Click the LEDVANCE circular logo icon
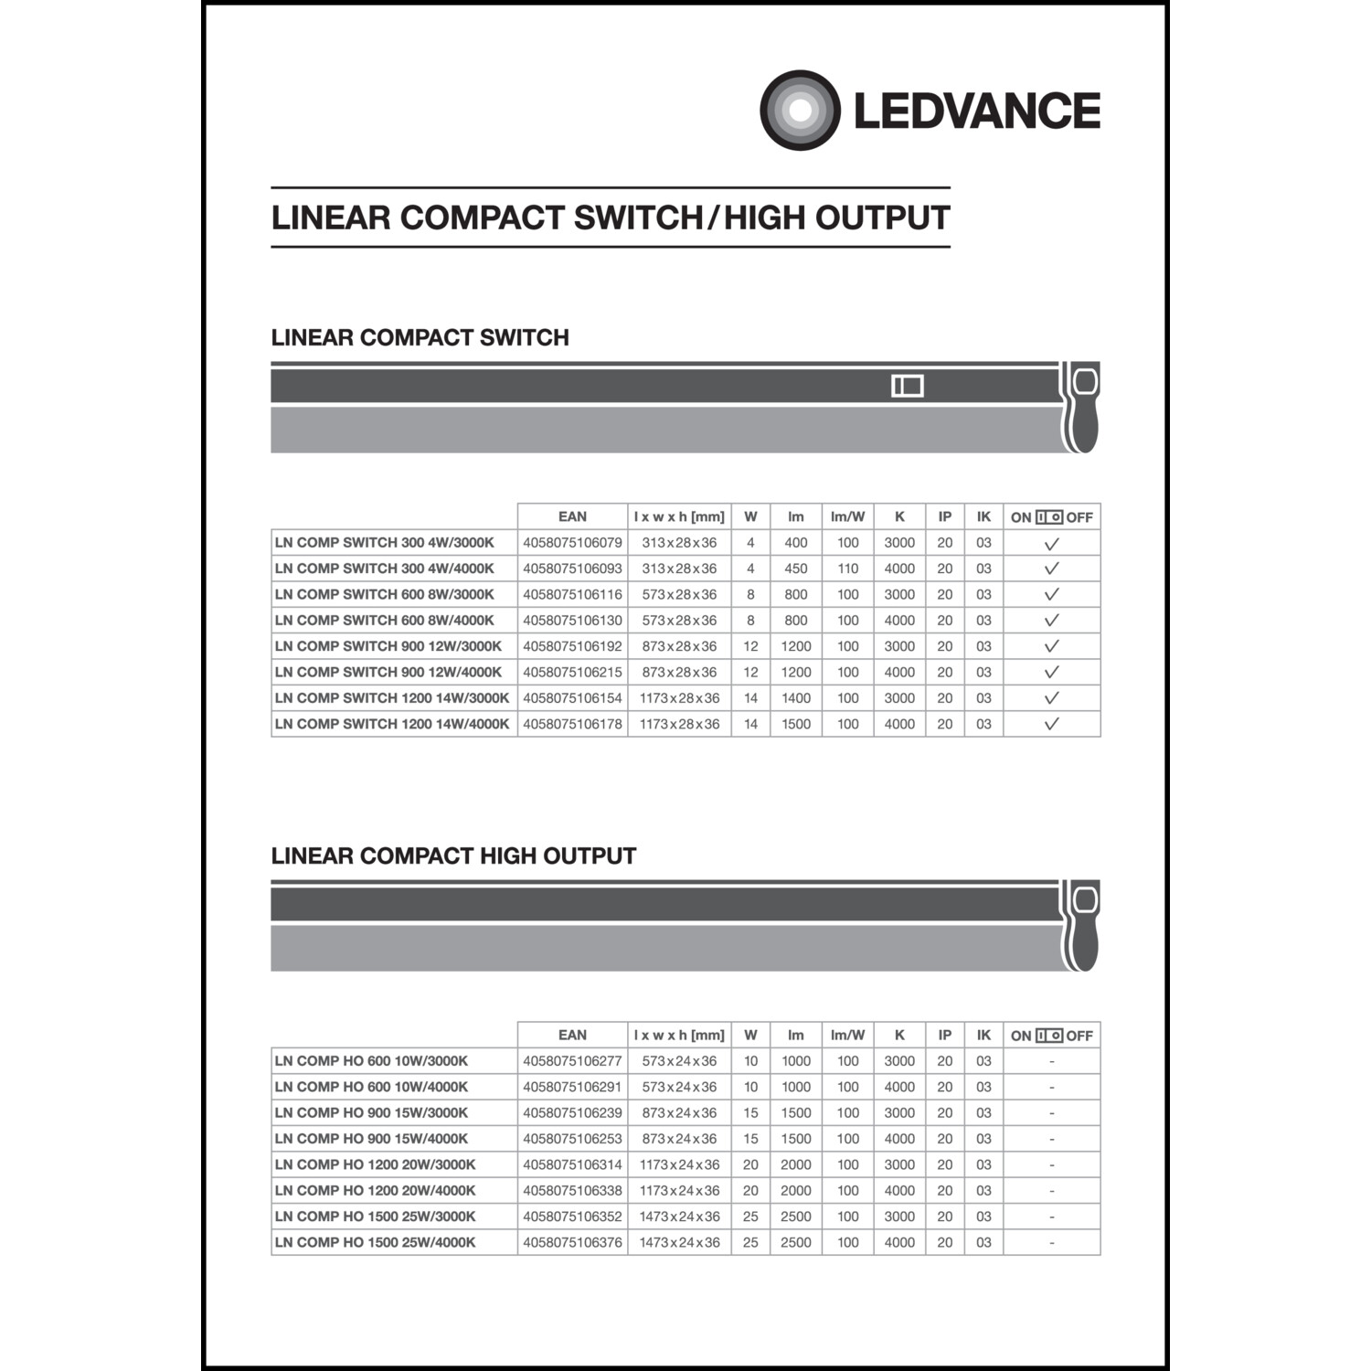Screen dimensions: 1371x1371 pos(800,110)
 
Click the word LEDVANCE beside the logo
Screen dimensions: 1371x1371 pos(976,111)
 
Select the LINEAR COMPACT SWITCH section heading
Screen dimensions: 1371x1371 pos(420,337)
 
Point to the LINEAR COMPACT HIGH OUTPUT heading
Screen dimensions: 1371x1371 pos(453,856)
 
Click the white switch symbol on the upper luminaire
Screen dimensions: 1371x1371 pos(907,386)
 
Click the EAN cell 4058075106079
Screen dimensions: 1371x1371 pos(572,543)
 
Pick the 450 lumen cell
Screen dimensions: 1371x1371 pos(795,569)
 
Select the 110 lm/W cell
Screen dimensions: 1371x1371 pos(847,569)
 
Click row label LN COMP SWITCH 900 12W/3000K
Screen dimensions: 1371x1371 pos(388,646)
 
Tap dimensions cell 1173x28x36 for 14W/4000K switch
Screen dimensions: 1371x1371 pos(679,724)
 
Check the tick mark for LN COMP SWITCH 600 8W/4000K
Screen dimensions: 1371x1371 pos(1051,621)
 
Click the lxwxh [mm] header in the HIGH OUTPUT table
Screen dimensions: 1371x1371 pos(679,1035)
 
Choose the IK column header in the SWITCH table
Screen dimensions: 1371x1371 pos(983,516)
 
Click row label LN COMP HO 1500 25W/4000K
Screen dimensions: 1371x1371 pos(375,1242)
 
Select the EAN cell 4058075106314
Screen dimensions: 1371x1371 pos(572,1164)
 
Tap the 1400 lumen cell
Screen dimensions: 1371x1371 pos(795,698)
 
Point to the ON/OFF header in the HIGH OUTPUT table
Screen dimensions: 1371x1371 pos(1051,1036)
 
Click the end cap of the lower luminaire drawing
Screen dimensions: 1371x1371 pos(1081,925)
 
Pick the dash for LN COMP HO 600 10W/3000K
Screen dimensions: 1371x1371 pos(1051,1061)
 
